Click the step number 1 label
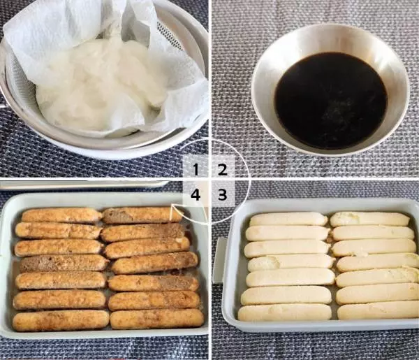pos(196,170)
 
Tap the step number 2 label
pos(222,170)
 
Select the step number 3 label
pos(222,195)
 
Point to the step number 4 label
pos(196,195)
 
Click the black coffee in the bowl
pos(331,100)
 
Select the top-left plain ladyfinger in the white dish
pos(288,219)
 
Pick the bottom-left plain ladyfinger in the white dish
pos(285,312)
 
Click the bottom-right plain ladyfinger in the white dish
pos(378,311)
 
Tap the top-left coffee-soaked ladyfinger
pos(61,215)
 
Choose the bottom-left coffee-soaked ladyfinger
pos(61,320)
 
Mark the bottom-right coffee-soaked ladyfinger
pos(157,319)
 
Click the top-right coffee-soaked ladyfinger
pos(142,215)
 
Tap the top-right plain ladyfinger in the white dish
pos(370,219)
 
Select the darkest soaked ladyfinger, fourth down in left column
pos(64,263)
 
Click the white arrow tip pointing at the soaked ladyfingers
pos(173,205)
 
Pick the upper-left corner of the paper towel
pos(4,34)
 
